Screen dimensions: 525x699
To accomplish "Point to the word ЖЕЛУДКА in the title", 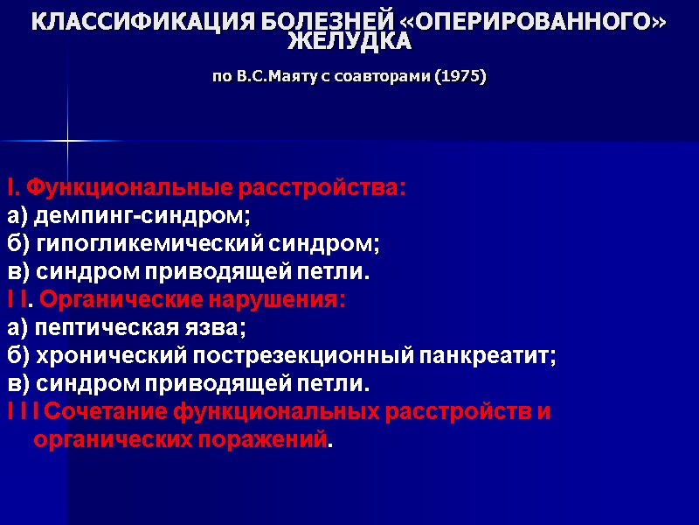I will click(349, 42).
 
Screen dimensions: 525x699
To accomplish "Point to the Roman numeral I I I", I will click(23, 411).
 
